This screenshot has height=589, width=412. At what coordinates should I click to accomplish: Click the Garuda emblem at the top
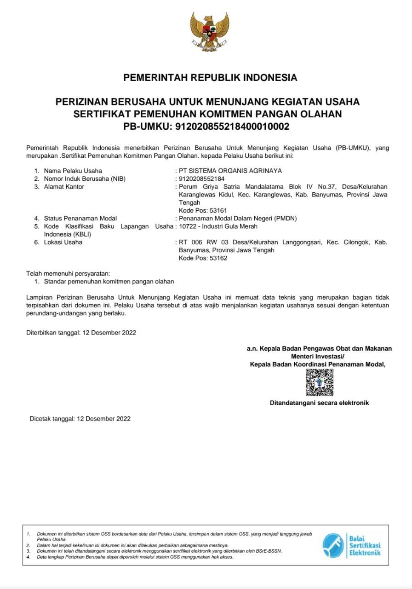[210, 31]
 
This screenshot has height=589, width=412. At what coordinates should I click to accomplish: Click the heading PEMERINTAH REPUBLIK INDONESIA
[210, 77]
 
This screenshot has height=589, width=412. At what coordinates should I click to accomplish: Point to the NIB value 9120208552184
[201, 179]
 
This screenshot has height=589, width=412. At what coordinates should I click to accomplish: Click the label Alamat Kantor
[64, 186]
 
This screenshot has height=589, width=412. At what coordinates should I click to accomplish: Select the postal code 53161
[218, 210]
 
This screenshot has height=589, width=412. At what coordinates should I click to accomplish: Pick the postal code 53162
[218, 258]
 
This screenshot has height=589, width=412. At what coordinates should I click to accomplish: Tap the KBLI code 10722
[187, 226]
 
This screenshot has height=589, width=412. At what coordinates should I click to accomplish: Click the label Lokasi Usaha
[63, 243]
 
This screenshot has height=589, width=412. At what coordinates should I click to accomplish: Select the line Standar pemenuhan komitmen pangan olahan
[109, 281]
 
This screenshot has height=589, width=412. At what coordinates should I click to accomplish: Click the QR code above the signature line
[319, 382]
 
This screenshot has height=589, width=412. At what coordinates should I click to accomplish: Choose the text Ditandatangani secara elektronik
[319, 403]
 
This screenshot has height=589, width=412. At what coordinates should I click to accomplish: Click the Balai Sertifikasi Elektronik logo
[352, 545]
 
